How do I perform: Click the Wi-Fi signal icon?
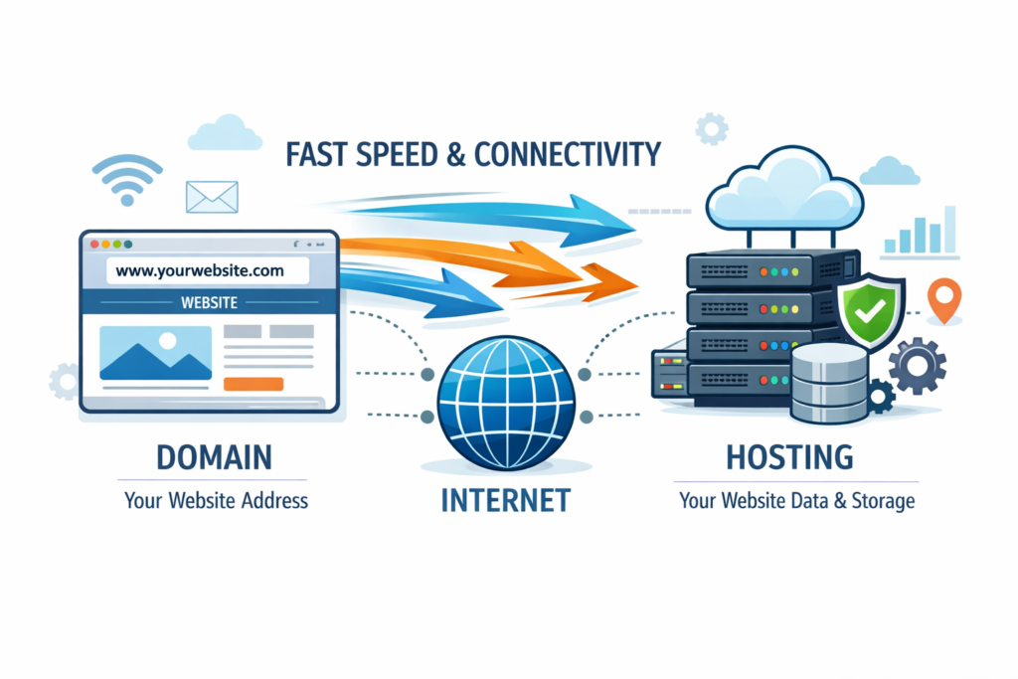125,178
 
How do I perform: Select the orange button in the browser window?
254,384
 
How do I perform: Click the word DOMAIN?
213,458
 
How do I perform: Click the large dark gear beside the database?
916,365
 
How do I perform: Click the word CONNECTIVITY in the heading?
567,155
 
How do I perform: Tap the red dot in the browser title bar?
95,244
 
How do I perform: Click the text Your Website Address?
217,500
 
